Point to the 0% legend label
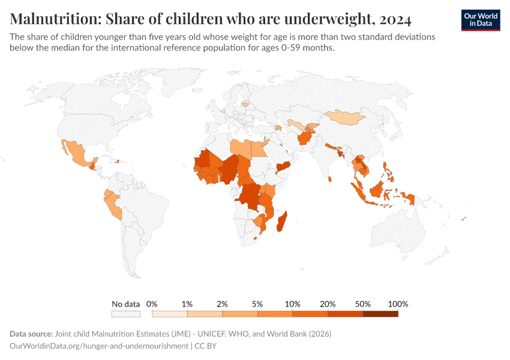pos(152,304)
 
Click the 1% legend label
pos(187,304)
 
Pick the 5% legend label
pos(257,304)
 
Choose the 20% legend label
pos(328,304)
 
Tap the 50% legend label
pos(362,304)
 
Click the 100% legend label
pos(398,304)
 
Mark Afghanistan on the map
pos(304,138)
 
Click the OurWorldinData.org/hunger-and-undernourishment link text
pos(100,346)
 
